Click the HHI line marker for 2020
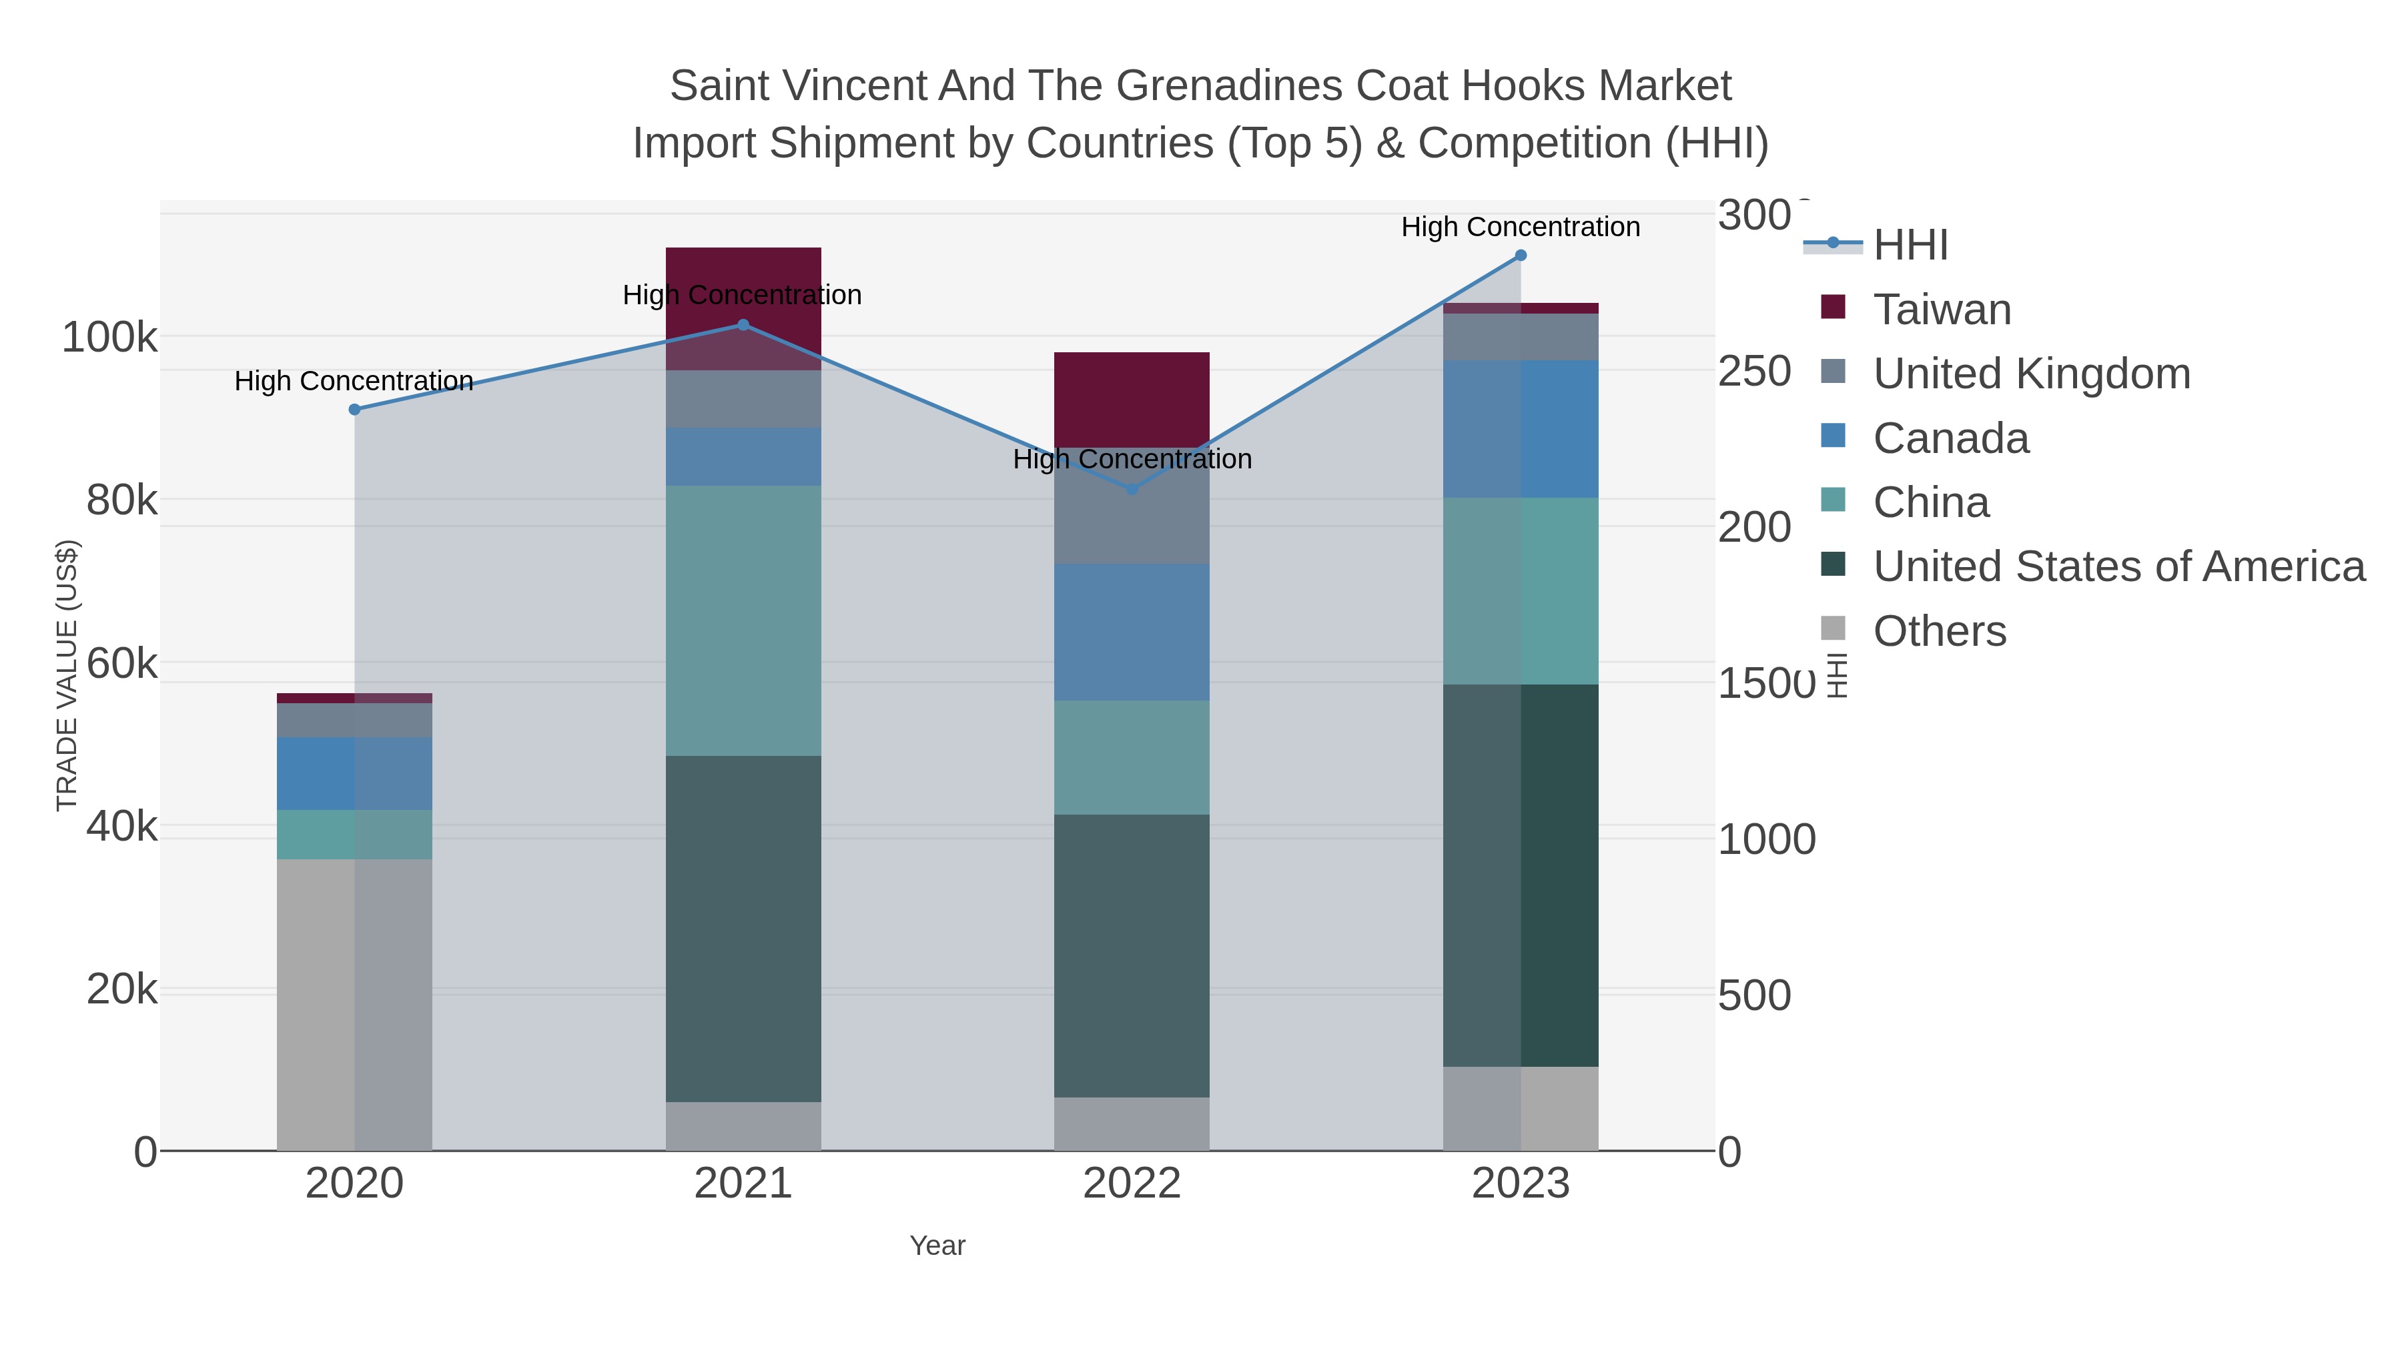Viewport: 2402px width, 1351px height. [354, 410]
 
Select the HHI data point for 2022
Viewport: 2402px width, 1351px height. [1132, 488]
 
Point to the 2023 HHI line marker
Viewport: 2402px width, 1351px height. [1521, 256]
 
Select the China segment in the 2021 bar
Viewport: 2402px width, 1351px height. [743, 620]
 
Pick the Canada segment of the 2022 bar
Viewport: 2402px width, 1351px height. [1132, 632]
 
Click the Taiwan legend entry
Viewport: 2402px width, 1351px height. [1942, 310]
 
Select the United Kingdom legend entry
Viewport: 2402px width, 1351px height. [2031, 374]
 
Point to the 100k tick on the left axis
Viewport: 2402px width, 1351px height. [110, 337]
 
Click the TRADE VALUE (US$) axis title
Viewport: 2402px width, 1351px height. [67, 675]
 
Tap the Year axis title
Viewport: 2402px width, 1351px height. [937, 1246]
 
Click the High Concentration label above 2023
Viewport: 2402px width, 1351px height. [1521, 227]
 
